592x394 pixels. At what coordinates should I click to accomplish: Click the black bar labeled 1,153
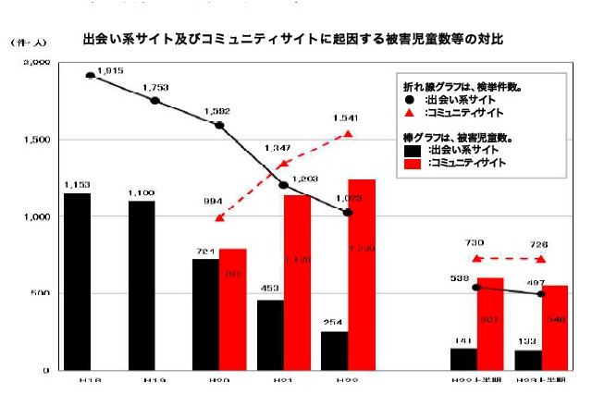point(77,281)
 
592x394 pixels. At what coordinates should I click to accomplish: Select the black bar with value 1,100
point(142,286)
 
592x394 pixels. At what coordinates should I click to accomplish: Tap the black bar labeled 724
point(206,314)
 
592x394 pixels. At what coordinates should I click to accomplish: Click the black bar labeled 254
point(335,351)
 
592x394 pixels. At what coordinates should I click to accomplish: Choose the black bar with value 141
point(464,360)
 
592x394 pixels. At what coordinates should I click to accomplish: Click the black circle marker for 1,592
point(220,125)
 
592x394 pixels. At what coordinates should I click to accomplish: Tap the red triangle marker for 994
point(219,218)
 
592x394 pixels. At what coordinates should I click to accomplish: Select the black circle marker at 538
point(476,288)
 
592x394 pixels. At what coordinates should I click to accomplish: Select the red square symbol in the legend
point(410,164)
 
